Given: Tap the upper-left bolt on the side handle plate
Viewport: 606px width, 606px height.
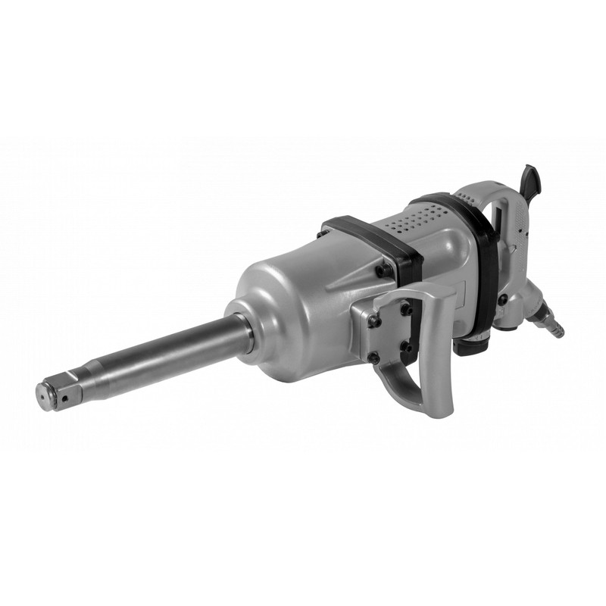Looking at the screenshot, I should [373, 319].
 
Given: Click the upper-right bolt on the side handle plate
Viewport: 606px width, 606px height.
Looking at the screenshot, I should [405, 308].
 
